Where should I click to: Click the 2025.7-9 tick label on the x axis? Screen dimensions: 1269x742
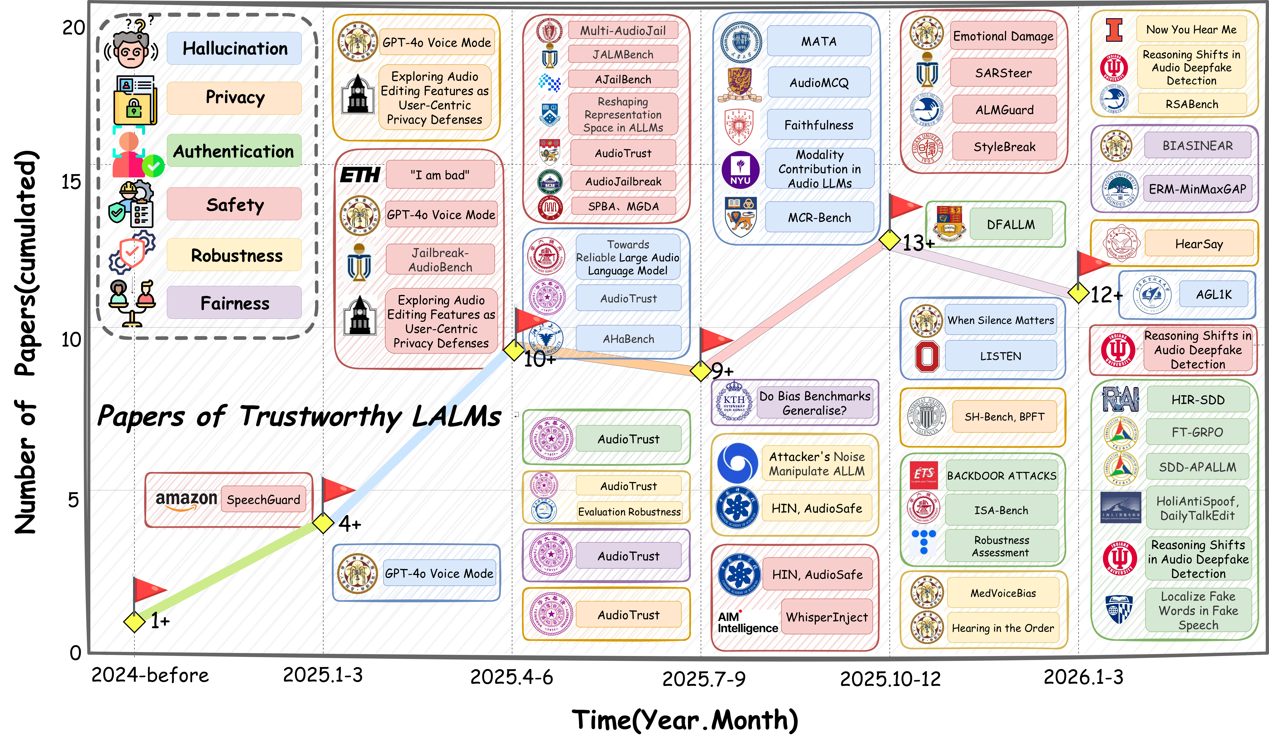tap(703, 679)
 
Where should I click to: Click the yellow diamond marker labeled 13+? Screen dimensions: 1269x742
tap(890, 240)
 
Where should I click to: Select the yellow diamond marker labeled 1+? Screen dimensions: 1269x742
tap(135, 622)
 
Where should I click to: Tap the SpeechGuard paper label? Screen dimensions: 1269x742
tap(263, 500)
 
